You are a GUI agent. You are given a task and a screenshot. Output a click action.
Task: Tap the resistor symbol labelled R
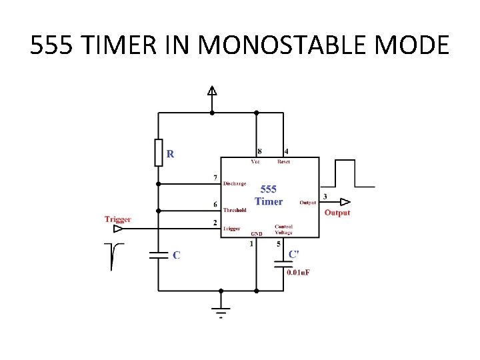pos(158,152)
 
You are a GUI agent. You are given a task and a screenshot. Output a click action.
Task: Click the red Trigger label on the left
pos(117,219)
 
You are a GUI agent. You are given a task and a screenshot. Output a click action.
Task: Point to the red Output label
pos(337,213)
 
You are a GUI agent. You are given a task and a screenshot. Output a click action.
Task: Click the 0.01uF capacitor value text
pos(298,272)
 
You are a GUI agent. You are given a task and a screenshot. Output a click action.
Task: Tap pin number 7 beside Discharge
pos(215,177)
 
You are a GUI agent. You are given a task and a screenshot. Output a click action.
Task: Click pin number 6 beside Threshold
pos(215,204)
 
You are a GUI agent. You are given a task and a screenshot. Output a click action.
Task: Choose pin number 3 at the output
pos(325,197)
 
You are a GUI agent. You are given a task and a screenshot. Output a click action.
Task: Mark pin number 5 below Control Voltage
pos(279,244)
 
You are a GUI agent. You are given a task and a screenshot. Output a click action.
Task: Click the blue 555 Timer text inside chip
pos(269,195)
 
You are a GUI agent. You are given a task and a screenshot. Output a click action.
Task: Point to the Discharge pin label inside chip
pos(235,183)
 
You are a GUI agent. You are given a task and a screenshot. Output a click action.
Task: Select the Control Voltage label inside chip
pos(283,229)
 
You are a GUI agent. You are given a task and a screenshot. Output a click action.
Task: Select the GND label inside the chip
pos(256,234)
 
